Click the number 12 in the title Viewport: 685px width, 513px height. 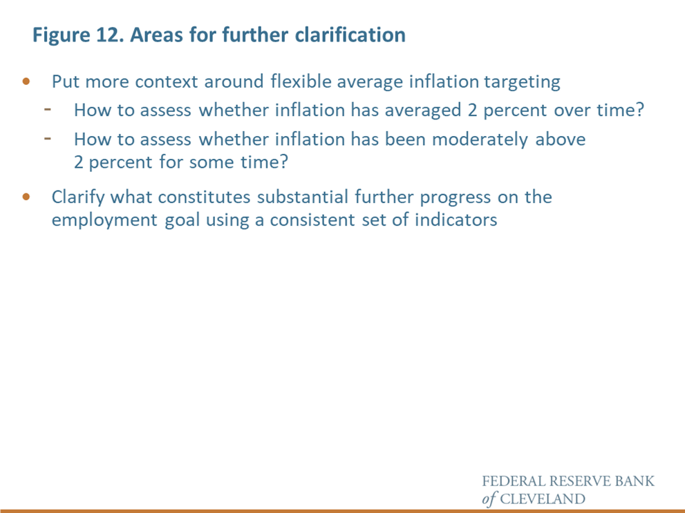pyautogui.click(x=107, y=35)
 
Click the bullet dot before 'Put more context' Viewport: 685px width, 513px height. pyautogui.click(x=26, y=81)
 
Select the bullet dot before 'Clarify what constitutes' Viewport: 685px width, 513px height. pyautogui.click(x=26, y=197)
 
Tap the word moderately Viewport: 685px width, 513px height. pyautogui.click(x=480, y=139)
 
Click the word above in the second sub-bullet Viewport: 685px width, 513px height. pyautogui.click(x=561, y=139)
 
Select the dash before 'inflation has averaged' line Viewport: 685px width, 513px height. pyautogui.click(x=48, y=110)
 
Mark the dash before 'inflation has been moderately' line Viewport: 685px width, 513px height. pyautogui.click(x=48, y=139)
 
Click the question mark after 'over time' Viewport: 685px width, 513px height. pyautogui.click(x=640, y=109)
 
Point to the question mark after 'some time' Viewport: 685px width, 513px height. pyautogui.click(x=284, y=162)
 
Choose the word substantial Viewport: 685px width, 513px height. pyautogui.click(x=302, y=197)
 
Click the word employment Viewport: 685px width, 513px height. pyautogui.click(x=104, y=220)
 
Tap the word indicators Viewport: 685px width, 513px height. pyautogui.click(x=456, y=220)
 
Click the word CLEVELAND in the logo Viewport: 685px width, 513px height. pyautogui.click(x=543, y=499)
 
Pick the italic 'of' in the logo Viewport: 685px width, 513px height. pyautogui.click(x=489, y=499)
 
